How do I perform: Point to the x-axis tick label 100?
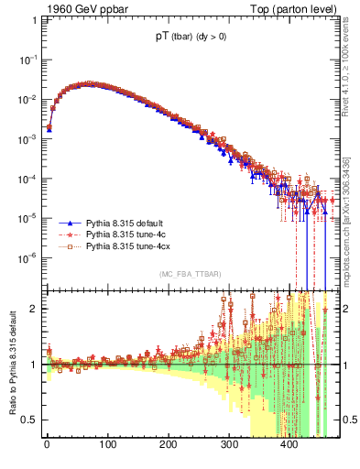107,448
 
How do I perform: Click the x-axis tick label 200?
169,448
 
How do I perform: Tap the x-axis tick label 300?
229,448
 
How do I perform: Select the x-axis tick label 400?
289,448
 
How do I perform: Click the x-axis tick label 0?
47,448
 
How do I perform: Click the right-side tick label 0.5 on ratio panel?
349,420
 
